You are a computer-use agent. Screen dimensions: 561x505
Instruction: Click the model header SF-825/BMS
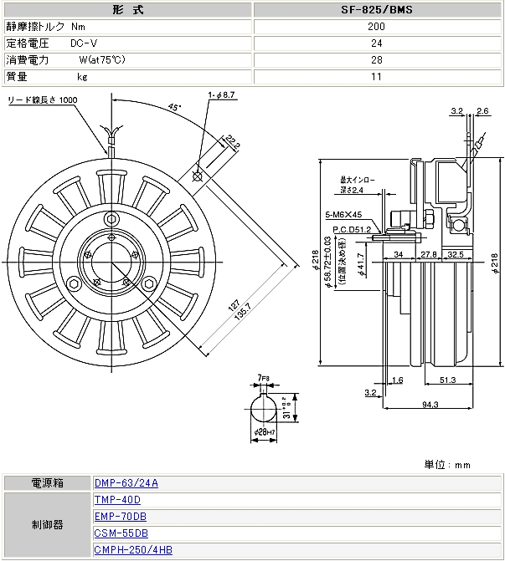pos(377,11)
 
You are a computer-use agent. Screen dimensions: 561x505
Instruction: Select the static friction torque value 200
pos(377,27)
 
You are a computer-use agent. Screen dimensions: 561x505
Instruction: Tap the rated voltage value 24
pos(377,43)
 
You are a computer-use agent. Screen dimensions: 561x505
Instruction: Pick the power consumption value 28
pos(377,60)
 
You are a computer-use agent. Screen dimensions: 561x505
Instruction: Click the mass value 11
pos(377,77)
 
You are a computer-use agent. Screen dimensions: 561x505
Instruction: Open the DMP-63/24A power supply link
pos(126,483)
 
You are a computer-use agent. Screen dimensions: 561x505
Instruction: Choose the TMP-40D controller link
pos(118,500)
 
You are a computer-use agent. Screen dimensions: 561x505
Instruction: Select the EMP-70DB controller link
pos(121,516)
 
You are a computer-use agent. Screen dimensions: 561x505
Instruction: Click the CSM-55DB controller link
pos(121,533)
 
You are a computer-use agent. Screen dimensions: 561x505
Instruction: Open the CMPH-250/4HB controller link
pos(134,549)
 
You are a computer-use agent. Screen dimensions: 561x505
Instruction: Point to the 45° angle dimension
pos(175,107)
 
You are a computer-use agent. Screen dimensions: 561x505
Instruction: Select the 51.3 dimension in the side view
pos(447,380)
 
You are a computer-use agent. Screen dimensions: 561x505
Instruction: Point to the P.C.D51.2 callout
pos(352,228)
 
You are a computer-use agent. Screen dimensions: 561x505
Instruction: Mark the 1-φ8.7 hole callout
pos(223,95)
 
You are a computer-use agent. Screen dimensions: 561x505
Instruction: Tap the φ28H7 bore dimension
pos(265,431)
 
